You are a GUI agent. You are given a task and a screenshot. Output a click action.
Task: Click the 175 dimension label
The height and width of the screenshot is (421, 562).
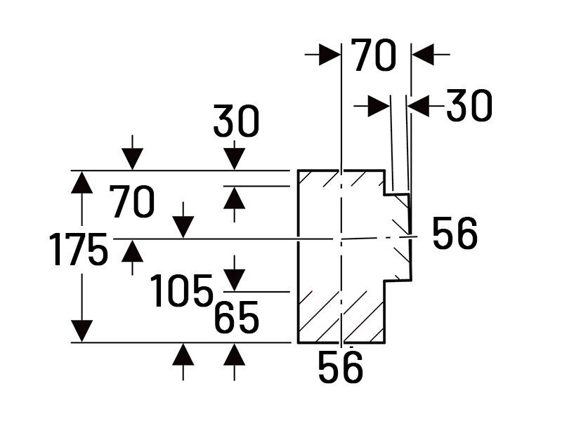(79, 249)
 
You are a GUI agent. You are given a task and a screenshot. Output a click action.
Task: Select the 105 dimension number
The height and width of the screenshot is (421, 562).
(182, 290)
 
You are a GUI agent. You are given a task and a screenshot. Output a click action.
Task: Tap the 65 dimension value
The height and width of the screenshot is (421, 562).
(237, 319)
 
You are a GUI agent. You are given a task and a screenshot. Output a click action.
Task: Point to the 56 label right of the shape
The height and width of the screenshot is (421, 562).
(455, 234)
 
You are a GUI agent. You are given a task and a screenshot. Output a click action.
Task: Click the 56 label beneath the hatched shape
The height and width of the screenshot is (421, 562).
(340, 367)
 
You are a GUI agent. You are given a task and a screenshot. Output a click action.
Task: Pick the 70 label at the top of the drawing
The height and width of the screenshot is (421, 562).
(374, 56)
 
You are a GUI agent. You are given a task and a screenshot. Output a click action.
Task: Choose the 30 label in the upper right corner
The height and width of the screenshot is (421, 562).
(469, 106)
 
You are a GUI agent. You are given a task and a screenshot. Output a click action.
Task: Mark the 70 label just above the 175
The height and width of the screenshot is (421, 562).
(132, 204)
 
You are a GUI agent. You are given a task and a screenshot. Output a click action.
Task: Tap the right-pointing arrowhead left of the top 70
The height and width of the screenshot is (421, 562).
(329, 53)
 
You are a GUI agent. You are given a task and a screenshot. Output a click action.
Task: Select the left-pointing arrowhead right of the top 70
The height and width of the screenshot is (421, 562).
(422, 53)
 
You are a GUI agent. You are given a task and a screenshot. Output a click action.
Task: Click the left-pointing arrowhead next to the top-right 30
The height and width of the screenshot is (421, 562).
(419, 106)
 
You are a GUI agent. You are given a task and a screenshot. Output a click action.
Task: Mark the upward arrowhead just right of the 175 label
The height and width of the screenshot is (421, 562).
(132, 250)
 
